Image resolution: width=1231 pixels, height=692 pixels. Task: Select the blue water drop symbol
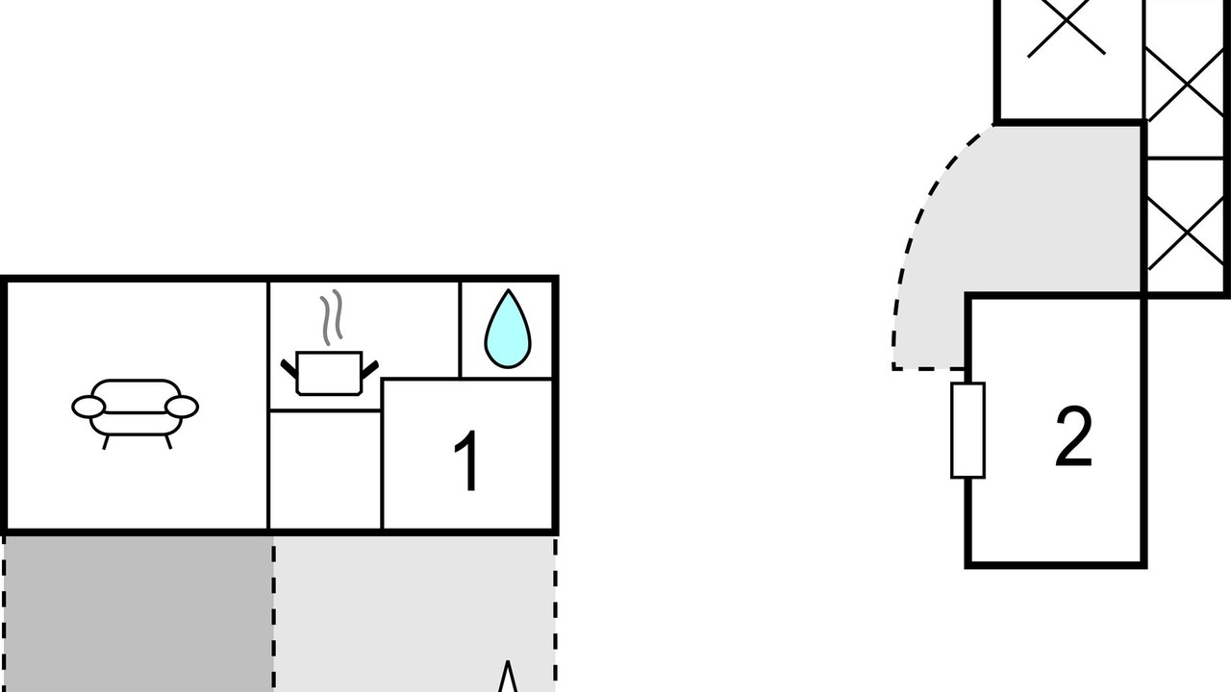[508, 329]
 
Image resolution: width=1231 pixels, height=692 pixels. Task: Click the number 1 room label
[466, 460]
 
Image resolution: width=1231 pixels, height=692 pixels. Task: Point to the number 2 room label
[1073, 436]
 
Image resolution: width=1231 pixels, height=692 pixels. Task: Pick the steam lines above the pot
[332, 317]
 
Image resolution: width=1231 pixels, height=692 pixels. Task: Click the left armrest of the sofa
[88, 407]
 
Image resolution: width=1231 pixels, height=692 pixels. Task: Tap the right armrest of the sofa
[182, 407]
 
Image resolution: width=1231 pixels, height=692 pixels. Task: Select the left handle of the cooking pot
[289, 368]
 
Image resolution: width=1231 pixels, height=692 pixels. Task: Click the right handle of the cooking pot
[370, 368]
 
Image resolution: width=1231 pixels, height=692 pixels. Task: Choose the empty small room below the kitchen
[325, 470]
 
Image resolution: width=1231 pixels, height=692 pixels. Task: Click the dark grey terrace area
[138, 614]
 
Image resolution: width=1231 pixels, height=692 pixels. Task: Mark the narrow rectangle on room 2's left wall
[967, 431]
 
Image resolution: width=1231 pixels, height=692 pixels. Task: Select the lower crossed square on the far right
[1186, 233]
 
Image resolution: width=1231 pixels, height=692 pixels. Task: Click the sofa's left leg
[106, 442]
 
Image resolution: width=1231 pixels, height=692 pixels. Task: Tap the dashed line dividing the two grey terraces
[273, 614]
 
